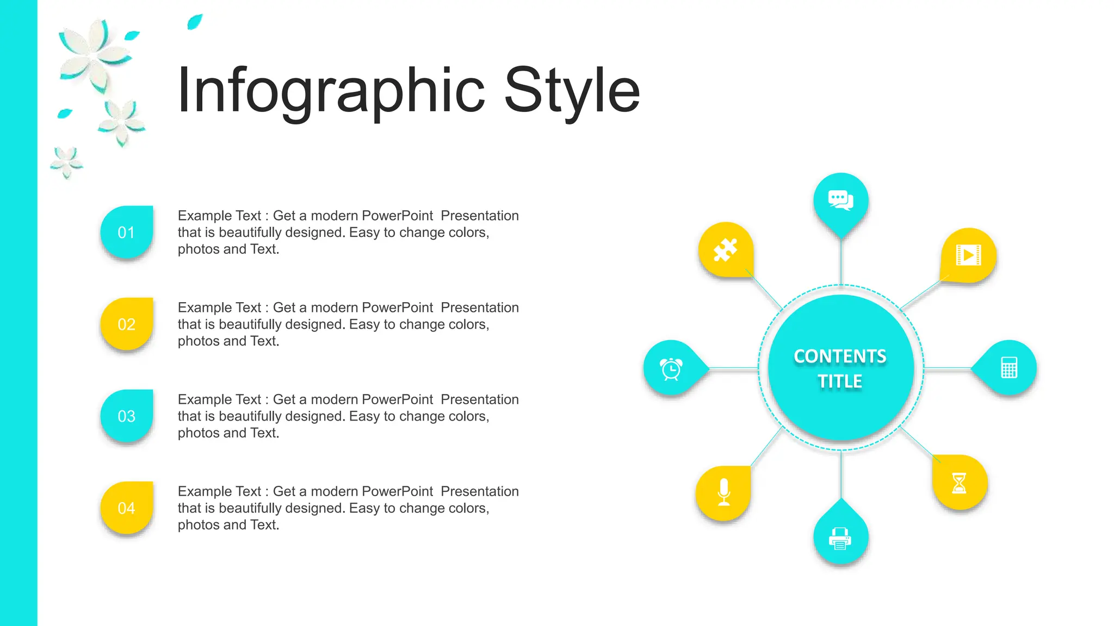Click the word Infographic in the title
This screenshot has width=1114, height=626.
[x=330, y=91]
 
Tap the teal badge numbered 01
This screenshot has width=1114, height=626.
[x=126, y=233]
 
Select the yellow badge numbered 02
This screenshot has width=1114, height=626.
[x=126, y=324]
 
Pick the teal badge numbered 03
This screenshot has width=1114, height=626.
[x=126, y=416]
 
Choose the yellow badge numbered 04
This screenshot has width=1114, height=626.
[x=126, y=508]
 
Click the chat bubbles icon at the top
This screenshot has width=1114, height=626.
[x=840, y=200]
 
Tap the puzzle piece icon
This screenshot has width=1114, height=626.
[x=725, y=250]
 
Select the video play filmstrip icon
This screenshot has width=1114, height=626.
[x=968, y=255]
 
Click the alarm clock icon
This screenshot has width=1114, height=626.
[x=671, y=369]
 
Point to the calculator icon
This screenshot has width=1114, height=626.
[x=1009, y=368]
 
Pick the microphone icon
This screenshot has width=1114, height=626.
[x=723, y=492]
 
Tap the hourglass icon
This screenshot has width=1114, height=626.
[x=959, y=483]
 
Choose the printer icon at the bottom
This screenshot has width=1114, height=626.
[x=840, y=538]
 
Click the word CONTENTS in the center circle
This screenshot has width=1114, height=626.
[x=840, y=356]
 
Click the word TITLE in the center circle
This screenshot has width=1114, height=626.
[x=840, y=381]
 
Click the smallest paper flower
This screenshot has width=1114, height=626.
[x=66, y=162]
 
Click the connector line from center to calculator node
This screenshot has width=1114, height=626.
[x=948, y=369]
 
